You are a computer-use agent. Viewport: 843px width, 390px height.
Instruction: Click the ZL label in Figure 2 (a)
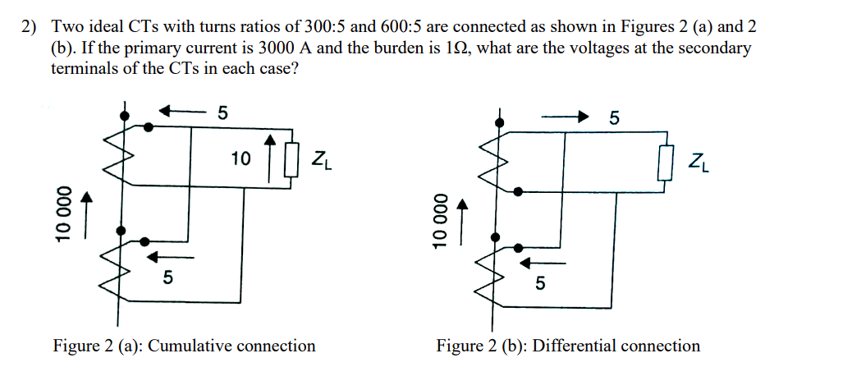(x=321, y=159)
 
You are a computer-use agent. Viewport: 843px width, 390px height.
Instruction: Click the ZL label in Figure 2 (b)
(x=700, y=161)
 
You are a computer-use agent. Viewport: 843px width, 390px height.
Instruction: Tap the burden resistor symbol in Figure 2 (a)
(x=289, y=160)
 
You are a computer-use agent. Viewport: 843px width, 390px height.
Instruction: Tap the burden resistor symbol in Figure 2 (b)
(x=665, y=161)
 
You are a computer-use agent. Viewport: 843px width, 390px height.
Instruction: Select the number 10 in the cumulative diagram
(x=241, y=158)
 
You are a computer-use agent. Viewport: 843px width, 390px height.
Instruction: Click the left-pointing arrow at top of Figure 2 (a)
(x=181, y=111)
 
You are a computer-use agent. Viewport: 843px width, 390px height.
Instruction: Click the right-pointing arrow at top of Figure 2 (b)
(x=566, y=116)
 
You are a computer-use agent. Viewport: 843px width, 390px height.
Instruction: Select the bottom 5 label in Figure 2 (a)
(x=167, y=278)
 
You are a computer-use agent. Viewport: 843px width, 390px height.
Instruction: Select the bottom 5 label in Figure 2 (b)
(x=539, y=284)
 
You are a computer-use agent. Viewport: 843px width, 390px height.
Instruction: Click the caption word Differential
(x=574, y=346)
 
